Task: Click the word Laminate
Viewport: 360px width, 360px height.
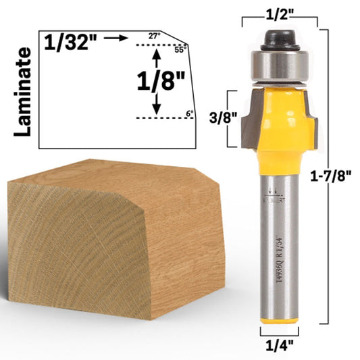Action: [24, 92]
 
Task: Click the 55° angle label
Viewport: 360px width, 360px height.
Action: [179, 49]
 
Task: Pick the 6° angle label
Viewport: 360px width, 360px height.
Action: [189, 113]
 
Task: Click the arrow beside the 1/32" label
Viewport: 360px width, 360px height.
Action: [118, 38]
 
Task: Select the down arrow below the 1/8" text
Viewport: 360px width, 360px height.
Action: [157, 105]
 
